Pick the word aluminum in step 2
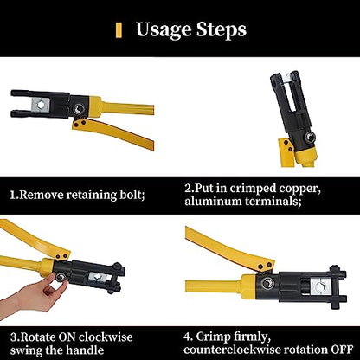(212, 201)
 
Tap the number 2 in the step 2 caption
(190, 188)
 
